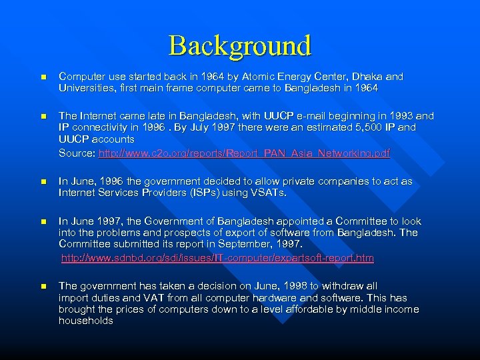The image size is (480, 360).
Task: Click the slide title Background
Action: [x=240, y=45]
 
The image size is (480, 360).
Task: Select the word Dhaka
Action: [x=363, y=77]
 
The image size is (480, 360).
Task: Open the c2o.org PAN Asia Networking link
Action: [x=244, y=153]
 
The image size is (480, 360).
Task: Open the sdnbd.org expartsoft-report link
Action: [x=217, y=257]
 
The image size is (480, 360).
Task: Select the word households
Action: [x=86, y=321]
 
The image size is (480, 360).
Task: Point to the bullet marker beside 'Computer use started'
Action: [x=42, y=77]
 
